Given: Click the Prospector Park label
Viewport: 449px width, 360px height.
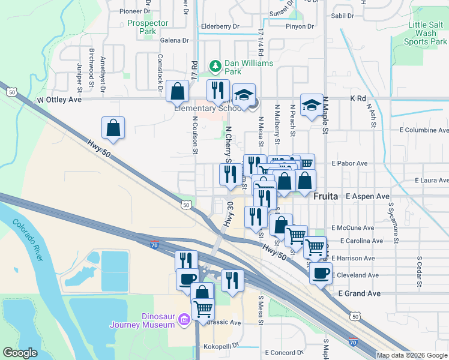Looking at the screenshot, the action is pyautogui.click(x=148, y=28).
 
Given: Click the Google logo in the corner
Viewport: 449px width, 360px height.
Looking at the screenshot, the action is pyautogui.click(x=20, y=353).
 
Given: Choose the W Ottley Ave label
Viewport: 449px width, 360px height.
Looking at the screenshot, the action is pyautogui.click(x=59, y=100).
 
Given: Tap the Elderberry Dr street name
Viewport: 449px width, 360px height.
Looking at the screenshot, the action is pyautogui.click(x=220, y=26).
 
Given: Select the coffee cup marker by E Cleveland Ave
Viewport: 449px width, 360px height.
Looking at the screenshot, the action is pyautogui.click(x=321, y=273).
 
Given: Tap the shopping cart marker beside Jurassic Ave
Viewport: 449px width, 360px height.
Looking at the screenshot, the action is pyautogui.click(x=203, y=309).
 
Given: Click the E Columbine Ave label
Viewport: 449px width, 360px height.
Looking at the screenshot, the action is pyautogui.click(x=424, y=130).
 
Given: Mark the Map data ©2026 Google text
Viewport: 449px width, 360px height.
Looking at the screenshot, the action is pyautogui.click(x=411, y=355).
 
